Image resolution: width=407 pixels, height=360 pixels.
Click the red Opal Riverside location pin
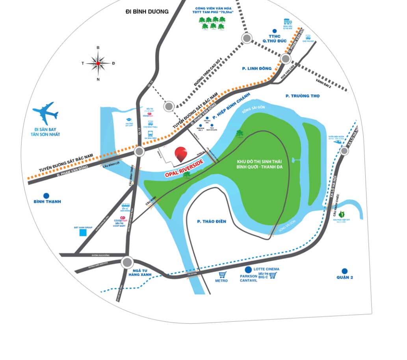click(181, 154)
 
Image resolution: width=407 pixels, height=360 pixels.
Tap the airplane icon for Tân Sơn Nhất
click(46, 113)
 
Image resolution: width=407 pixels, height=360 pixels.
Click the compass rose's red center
click(98, 63)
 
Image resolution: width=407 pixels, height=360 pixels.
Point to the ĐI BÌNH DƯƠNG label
click(147, 11)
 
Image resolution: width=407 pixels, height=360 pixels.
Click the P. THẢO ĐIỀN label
click(212, 221)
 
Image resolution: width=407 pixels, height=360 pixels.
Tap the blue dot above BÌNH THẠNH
click(46, 196)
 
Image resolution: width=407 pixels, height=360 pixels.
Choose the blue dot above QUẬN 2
click(345, 271)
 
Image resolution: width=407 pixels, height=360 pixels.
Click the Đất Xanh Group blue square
click(83, 233)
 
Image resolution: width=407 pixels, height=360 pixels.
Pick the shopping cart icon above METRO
click(223, 274)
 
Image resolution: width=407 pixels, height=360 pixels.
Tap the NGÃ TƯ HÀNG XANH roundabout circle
click(127, 262)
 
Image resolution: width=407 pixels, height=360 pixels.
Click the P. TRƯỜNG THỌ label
click(303, 96)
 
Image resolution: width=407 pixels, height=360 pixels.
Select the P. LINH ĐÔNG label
click(257, 68)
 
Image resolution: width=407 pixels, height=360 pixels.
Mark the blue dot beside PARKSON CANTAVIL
click(248, 270)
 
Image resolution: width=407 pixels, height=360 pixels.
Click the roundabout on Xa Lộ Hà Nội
click(344, 151)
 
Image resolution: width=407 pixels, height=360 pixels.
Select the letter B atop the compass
click(98, 48)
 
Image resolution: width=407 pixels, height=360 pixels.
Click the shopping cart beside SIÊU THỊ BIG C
click(273, 276)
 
